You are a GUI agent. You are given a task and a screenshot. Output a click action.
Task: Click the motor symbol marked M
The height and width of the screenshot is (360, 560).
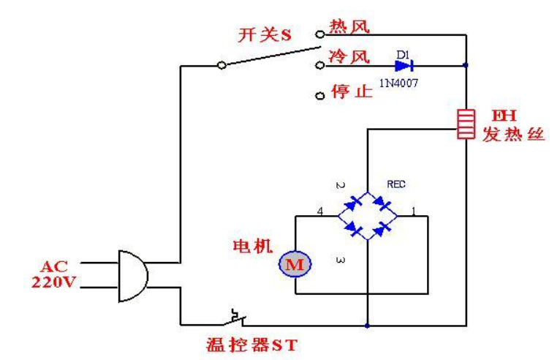pos(295,265)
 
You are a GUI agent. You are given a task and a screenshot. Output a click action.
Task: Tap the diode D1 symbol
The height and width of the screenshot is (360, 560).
pos(420,65)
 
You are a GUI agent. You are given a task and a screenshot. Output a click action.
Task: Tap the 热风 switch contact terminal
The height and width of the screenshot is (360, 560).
pos(319,34)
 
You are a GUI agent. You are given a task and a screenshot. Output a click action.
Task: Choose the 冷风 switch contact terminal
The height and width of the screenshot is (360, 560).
pos(319,65)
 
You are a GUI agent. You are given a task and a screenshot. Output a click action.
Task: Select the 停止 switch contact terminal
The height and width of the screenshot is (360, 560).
pos(319,96)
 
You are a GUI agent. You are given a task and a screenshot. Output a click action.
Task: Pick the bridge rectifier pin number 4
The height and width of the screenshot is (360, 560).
pos(319,211)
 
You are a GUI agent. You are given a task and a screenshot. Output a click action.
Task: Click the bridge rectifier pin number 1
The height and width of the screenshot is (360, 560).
pos(413,211)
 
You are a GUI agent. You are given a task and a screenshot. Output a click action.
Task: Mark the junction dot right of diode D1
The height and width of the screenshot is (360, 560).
pos(466,65)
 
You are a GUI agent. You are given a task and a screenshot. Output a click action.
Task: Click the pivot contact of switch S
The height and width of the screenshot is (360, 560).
pos(222,65)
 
